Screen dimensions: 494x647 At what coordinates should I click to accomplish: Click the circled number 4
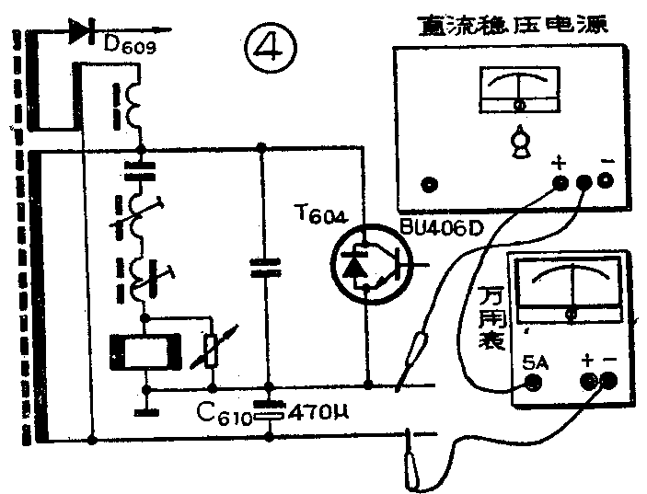click(271, 46)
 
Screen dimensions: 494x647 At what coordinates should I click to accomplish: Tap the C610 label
click(221, 413)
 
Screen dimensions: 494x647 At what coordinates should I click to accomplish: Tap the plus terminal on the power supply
click(560, 181)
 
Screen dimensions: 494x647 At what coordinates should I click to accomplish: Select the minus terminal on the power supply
click(605, 181)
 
